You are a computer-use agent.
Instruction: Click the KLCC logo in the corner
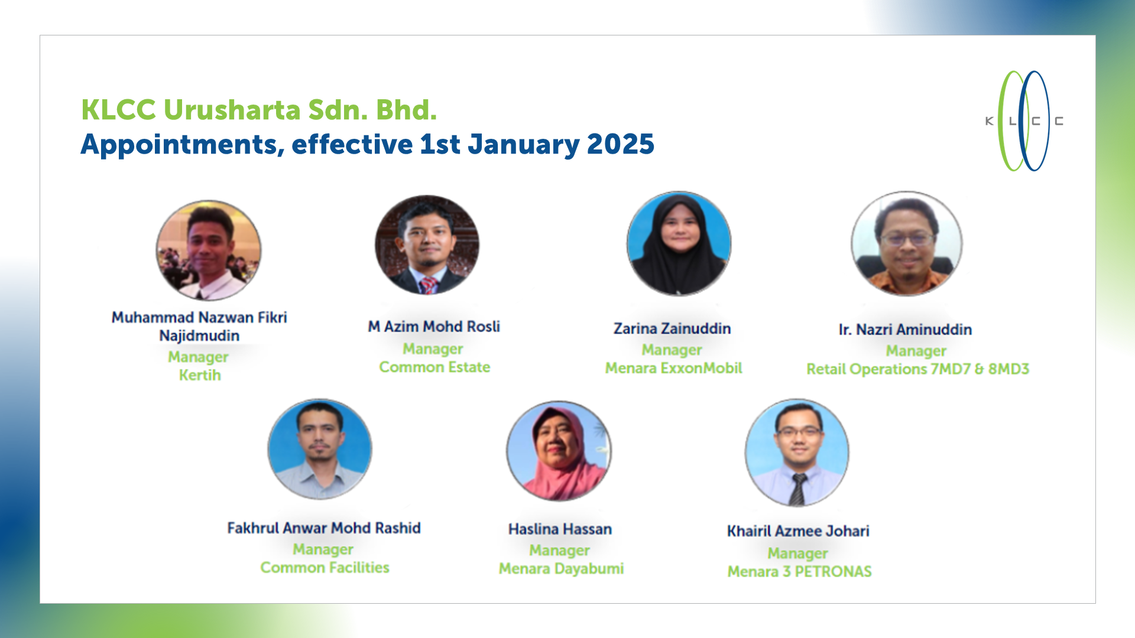point(1024,121)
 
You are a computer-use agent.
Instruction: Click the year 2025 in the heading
point(621,144)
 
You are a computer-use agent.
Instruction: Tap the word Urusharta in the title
point(232,110)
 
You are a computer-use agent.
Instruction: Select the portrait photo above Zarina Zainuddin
point(679,243)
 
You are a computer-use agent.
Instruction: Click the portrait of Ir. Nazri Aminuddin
point(906,243)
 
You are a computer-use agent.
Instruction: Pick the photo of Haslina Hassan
point(559,451)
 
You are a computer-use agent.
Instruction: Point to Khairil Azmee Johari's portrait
point(797,453)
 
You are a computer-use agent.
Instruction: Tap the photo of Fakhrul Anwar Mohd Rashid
point(320,449)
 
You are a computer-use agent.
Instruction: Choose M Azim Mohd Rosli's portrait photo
point(427,245)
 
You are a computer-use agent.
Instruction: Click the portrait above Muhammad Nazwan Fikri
point(208,250)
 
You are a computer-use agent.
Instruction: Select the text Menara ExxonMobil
point(673,368)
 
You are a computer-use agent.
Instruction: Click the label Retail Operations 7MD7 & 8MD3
point(917,369)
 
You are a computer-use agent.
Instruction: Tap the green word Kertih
point(200,375)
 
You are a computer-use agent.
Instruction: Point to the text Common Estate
point(434,367)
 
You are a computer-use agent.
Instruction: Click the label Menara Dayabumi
point(561,568)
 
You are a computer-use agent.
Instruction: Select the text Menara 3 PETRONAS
point(799,571)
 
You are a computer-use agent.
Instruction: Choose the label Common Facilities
point(325,567)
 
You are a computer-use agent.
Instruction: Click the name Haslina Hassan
point(560,529)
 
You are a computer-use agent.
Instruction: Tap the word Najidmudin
point(199,336)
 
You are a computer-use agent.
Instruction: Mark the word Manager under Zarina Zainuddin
point(672,350)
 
